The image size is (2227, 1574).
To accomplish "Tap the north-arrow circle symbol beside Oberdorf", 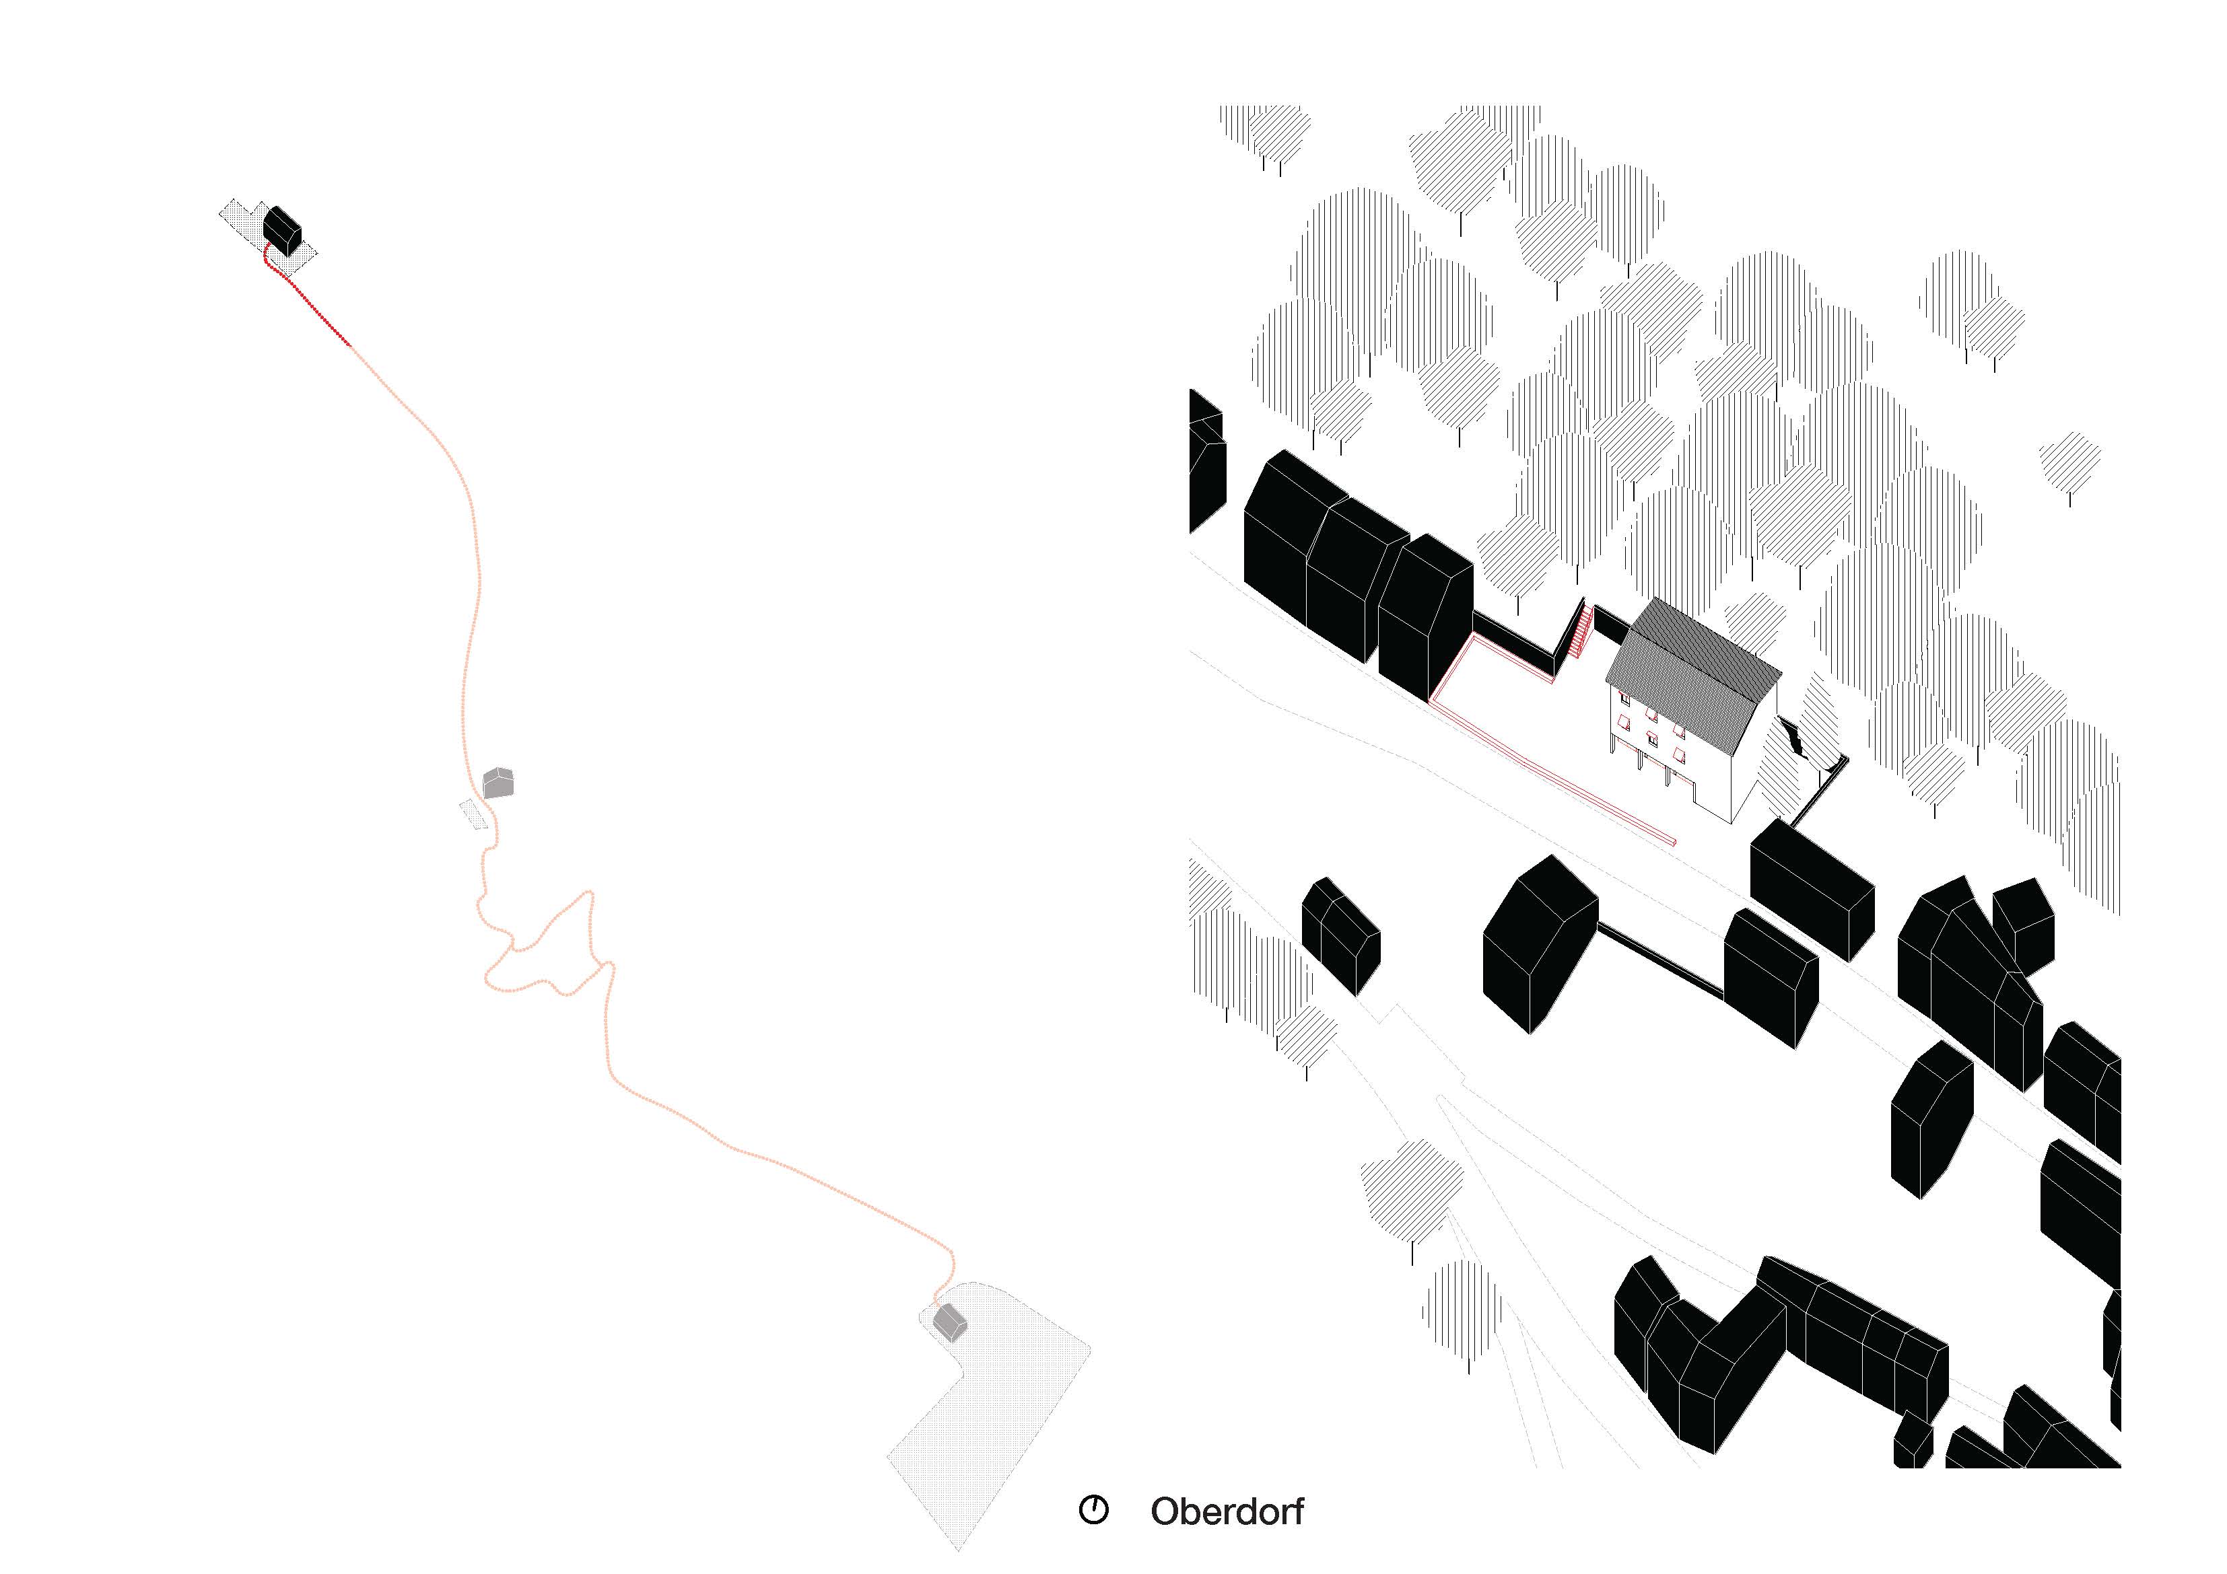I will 1093,1510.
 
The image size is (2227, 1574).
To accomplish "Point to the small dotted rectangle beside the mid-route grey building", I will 473,815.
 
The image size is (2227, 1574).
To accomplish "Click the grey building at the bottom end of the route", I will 951,1322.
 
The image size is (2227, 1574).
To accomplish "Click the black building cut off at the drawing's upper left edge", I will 1206,461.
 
